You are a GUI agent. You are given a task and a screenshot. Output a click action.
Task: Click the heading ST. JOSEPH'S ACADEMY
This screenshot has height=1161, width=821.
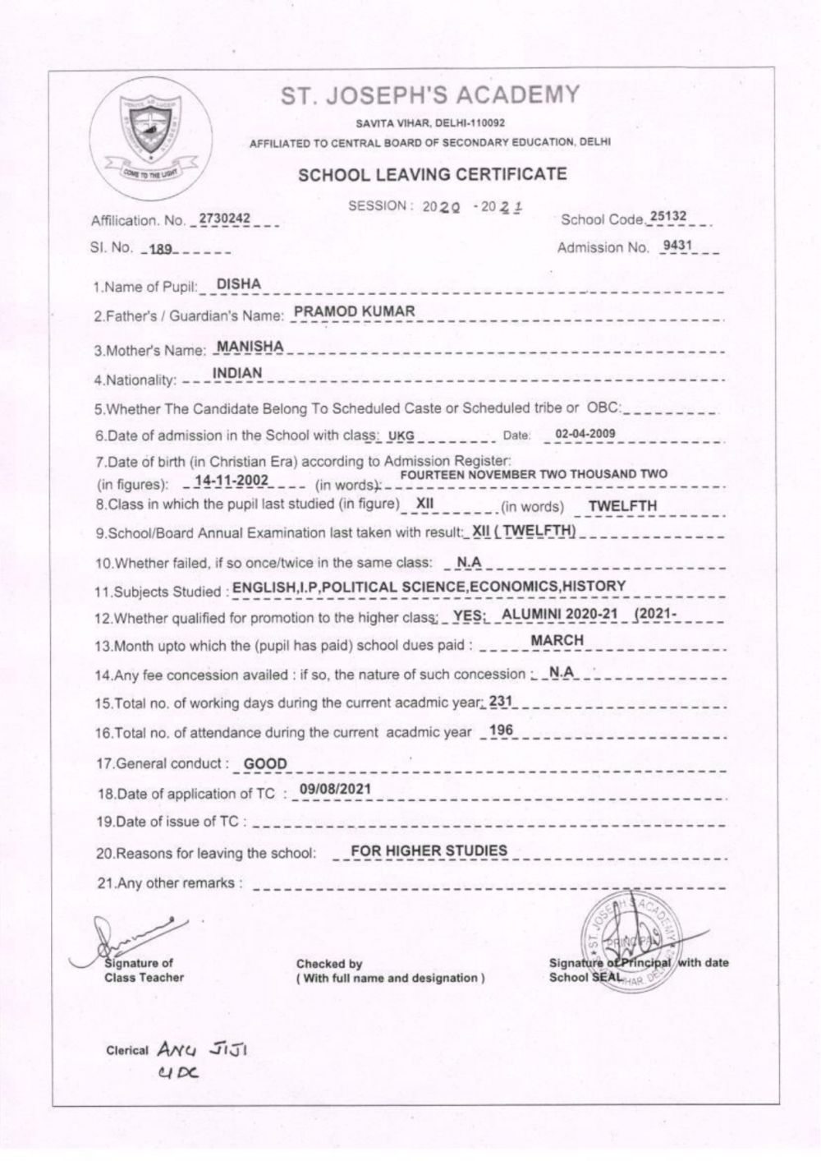tap(430, 96)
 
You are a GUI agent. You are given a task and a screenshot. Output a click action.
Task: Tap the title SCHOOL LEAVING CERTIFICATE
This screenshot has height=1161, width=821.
tap(432, 174)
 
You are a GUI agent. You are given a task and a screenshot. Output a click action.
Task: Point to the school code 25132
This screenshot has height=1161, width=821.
tap(667, 217)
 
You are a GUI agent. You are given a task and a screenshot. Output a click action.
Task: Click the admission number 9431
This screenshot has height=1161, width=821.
tap(677, 246)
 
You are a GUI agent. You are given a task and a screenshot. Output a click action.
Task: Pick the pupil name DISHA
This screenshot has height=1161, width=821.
tap(238, 284)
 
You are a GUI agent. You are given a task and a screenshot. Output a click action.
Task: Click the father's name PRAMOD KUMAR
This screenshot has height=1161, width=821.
tap(354, 311)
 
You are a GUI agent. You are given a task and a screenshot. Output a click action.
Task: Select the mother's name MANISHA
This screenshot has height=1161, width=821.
tap(250, 347)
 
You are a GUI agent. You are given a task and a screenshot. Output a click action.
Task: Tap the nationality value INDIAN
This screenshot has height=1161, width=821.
tap(237, 373)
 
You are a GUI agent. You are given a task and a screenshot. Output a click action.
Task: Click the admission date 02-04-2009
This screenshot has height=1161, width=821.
tap(585, 434)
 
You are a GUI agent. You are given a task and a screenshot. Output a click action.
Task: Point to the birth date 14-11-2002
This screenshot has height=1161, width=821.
tap(233, 481)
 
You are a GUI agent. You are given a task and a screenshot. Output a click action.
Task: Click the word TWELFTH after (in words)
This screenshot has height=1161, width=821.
tap(622, 506)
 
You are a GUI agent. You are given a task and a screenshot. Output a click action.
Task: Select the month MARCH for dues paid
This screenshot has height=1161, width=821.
tap(557, 640)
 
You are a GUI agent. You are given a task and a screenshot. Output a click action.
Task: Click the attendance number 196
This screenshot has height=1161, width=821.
tap(501, 730)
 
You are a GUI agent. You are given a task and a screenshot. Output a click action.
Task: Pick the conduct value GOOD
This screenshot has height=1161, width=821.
tap(266, 764)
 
